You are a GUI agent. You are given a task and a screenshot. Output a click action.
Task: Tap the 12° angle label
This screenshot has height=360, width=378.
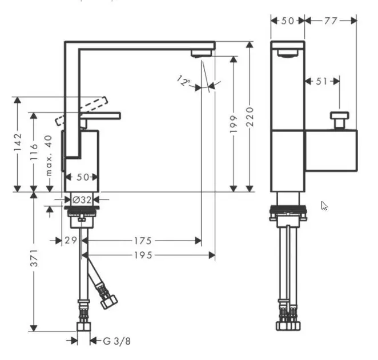point(184,81)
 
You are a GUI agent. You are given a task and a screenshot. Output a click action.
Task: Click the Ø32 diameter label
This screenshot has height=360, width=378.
point(82,199)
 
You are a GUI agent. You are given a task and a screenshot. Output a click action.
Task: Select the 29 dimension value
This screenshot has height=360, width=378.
point(70,241)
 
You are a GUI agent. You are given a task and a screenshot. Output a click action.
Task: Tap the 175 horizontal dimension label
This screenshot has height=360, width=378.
point(142,241)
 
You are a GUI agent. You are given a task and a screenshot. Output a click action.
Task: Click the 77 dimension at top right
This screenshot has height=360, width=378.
point(330,21)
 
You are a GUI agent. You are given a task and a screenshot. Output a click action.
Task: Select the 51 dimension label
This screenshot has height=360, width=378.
point(321,81)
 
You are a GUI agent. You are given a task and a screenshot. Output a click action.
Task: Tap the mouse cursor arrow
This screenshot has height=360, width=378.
point(324,206)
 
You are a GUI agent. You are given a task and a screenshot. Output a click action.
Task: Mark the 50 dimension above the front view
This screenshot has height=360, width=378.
point(287,21)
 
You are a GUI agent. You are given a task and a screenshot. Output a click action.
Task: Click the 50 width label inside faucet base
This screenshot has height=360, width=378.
point(82,177)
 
